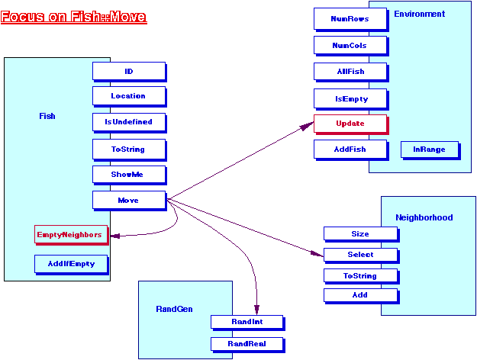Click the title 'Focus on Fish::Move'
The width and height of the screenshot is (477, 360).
74,16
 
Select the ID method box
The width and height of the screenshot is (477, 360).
128,71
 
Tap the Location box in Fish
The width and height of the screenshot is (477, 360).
128,96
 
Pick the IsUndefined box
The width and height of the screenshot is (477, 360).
128,121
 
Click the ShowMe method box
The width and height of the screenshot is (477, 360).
128,174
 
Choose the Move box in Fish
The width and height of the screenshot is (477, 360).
128,200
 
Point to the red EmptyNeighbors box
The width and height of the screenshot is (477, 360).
69,235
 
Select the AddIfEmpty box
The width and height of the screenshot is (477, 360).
69,263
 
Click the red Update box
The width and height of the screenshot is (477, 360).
350,124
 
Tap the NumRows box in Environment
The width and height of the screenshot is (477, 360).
350,18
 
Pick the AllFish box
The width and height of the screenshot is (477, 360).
350,72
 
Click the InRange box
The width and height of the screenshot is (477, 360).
429,149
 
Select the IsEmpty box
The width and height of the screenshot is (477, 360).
350,98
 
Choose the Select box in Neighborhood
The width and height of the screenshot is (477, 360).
360,255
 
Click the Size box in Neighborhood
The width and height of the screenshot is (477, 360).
360,234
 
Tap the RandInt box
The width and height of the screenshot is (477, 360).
247,323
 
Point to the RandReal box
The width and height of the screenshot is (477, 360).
247,344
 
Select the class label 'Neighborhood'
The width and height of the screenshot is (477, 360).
424,217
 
